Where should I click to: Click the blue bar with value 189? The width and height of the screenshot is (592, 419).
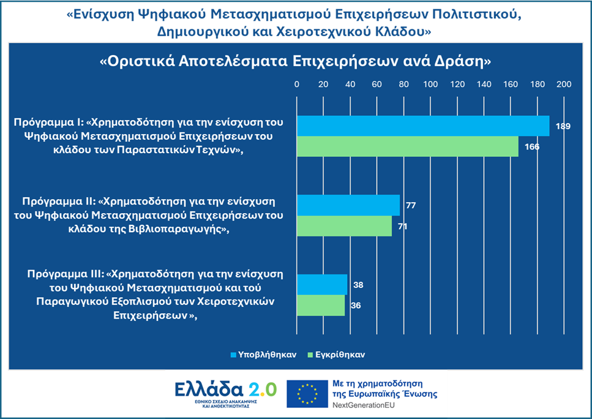422,126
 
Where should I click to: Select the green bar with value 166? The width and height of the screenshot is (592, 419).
407,146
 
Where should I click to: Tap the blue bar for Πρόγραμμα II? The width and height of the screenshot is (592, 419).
348,205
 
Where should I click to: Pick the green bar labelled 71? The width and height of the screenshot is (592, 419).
344,226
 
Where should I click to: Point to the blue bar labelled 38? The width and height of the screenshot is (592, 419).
322,285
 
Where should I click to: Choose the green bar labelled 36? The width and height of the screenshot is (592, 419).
321,305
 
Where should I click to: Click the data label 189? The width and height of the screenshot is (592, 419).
563,126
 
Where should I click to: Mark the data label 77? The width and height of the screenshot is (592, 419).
411,205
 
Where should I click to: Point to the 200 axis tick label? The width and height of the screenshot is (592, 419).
563,84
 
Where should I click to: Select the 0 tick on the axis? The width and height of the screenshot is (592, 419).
297,84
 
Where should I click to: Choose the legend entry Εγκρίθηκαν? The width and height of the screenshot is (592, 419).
340,355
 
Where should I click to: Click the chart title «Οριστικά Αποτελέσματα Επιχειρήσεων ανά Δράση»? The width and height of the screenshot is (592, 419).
296,62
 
